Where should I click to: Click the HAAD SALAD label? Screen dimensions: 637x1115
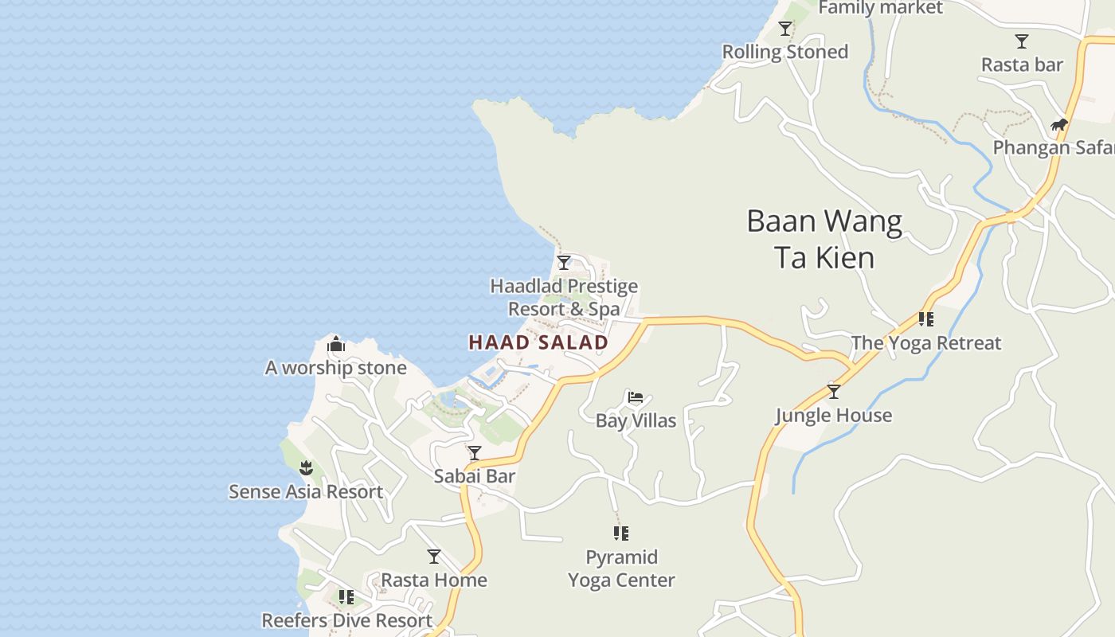coord(538,342)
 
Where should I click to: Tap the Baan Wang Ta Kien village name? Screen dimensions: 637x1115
coord(824,239)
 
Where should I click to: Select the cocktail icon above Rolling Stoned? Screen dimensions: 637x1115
coord(785,29)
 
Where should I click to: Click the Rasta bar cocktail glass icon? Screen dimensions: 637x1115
coord(1022,41)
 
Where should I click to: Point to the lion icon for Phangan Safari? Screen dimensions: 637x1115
coord(1058,124)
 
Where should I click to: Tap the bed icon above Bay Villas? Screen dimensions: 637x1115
coord(636,397)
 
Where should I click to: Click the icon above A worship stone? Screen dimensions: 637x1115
coord(336,345)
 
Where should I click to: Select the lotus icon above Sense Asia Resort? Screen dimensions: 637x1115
coord(306,468)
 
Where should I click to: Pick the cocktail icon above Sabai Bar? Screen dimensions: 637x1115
coord(475,453)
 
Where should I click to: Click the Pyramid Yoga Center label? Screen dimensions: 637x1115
coord(621,569)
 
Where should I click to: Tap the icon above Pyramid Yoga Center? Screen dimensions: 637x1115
coord(621,533)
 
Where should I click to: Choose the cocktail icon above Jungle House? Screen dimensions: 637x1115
coord(834,392)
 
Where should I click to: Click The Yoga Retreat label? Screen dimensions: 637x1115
coord(925,343)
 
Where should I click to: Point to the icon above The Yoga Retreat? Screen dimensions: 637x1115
coord(925,319)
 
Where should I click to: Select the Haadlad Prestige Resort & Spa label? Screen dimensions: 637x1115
coord(564,297)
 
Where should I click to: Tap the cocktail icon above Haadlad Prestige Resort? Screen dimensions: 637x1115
coord(564,262)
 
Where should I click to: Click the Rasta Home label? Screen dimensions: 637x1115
coord(434,580)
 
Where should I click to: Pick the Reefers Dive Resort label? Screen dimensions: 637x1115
coord(347,620)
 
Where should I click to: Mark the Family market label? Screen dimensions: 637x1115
coord(880,8)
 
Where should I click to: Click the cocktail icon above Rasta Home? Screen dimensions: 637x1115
coord(434,556)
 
